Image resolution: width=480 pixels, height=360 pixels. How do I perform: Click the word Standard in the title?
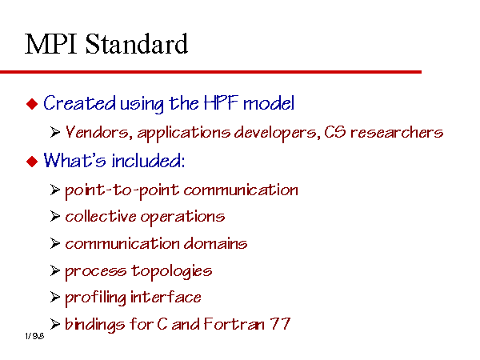(x=137, y=44)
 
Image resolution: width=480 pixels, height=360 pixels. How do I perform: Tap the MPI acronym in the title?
(x=50, y=44)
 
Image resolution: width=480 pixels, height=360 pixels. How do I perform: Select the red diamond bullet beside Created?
(x=32, y=104)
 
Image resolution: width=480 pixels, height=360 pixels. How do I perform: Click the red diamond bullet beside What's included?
(x=32, y=161)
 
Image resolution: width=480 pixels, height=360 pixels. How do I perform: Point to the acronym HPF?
(x=221, y=103)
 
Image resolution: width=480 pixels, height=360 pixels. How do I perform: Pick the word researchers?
(x=397, y=132)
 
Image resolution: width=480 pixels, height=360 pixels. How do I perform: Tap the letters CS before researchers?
(x=335, y=132)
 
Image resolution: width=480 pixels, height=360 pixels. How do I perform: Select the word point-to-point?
(x=122, y=190)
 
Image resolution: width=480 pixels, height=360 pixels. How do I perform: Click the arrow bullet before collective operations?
(x=54, y=217)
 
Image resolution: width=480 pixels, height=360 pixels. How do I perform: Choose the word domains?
(x=215, y=244)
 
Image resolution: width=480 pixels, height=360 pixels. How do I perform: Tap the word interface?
(x=166, y=298)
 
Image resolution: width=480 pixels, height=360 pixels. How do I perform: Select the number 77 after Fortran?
(x=280, y=324)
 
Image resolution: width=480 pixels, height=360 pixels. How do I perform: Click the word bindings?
(x=95, y=325)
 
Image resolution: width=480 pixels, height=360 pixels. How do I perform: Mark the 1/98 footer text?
(x=34, y=336)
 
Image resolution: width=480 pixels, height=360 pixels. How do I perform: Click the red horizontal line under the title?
(x=210, y=72)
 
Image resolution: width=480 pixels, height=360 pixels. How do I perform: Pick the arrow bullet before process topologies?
(x=54, y=270)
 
